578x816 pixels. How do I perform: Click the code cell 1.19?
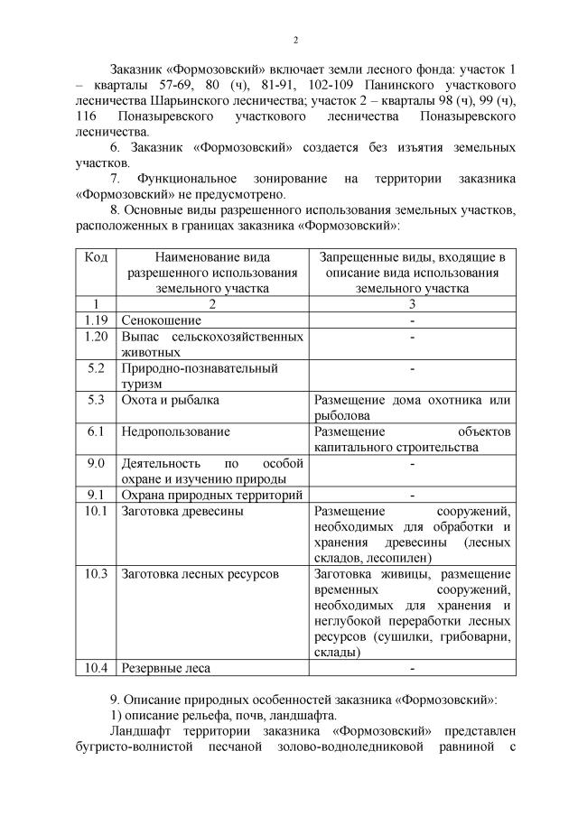(96, 320)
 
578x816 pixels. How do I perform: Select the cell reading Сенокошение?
(162, 320)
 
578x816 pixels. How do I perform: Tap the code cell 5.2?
(97, 368)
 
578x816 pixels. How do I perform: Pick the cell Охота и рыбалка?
(171, 400)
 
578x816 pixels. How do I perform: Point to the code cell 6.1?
(97, 431)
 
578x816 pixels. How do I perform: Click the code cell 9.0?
(97, 463)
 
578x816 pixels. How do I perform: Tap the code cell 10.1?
(96, 511)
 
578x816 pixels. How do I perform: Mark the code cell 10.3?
(96, 574)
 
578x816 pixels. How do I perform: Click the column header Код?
(96, 257)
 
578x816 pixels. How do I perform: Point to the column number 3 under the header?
(411, 304)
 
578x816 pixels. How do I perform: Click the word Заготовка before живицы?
(345, 574)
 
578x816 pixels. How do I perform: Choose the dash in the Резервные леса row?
(411, 668)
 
